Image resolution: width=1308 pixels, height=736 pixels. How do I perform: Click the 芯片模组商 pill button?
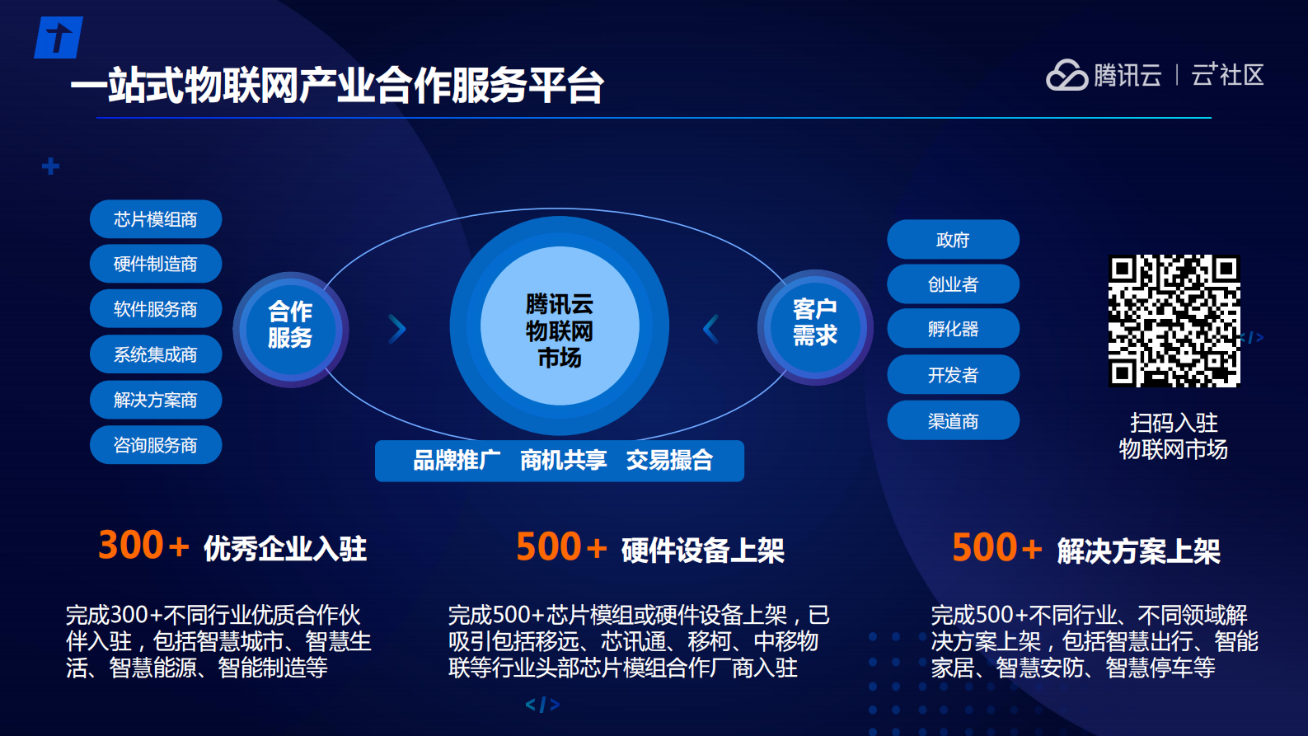click(156, 219)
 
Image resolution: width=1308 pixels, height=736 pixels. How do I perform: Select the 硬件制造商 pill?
click(156, 264)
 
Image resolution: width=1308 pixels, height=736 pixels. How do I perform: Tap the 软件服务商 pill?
click(156, 309)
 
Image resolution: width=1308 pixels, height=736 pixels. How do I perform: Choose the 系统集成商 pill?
click(156, 354)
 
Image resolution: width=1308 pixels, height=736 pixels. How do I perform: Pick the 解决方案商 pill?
click(156, 400)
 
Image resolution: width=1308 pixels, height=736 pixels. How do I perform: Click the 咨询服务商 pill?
click(156, 445)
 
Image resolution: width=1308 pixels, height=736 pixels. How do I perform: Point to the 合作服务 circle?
click(290, 329)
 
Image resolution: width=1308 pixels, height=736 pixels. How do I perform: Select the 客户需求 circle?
click(815, 326)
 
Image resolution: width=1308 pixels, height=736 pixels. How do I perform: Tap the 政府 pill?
click(953, 240)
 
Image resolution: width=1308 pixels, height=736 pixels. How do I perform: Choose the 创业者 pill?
click(953, 284)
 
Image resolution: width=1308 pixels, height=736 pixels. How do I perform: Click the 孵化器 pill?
click(953, 329)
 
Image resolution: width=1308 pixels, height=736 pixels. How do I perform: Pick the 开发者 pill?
click(953, 375)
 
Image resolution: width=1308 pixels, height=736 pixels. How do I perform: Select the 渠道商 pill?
click(953, 421)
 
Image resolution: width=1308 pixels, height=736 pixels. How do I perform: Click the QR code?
click(1174, 321)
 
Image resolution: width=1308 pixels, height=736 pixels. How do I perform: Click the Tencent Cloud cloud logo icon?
click(1067, 75)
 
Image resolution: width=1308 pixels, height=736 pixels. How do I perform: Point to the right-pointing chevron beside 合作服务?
click(397, 329)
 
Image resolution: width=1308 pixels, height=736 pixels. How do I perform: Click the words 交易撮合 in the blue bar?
click(669, 460)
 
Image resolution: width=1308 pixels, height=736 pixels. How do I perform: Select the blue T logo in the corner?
click(58, 38)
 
